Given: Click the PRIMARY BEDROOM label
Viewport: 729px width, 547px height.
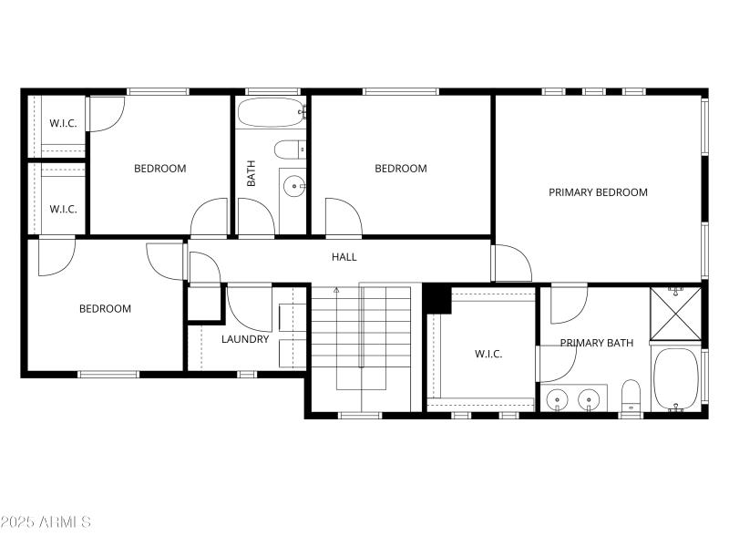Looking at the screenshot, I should tap(598, 192).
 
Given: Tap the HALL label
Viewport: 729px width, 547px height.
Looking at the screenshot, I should tap(344, 257).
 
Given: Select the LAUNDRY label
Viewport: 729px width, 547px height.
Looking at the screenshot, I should tap(245, 339).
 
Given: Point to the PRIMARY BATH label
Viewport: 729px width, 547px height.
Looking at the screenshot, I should tap(596, 343).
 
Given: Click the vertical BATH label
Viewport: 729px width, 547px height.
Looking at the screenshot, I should tap(252, 174).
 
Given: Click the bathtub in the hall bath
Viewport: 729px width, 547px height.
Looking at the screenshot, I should tap(271, 113).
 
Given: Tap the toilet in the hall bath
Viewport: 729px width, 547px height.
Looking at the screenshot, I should tap(291, 150).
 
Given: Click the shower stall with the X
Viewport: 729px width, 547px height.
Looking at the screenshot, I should tap(675, 314).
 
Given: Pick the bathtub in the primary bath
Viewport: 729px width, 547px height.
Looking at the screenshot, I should tap(675, 378).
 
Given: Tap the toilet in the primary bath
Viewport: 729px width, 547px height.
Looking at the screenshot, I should tap(631, 395).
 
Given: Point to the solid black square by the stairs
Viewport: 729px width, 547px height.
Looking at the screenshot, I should tap(437, 298).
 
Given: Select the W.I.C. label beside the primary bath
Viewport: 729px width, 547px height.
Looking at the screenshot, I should tap(488, 354).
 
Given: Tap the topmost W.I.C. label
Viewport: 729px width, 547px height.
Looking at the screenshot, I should tap(63, 123).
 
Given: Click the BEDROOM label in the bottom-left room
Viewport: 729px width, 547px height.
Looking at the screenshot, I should tap(105, 309).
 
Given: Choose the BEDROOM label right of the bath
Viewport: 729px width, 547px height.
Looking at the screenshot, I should tap(401, 169).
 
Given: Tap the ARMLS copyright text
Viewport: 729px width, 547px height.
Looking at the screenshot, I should tap(46, 522).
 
